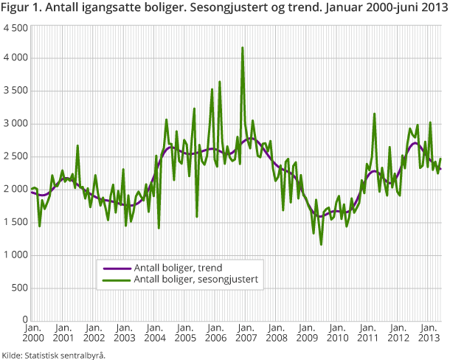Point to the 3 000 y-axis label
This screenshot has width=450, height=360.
(15, 123)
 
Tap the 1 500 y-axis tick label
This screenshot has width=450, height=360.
(15, 221)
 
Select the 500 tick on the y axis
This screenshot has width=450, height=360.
(18, 287)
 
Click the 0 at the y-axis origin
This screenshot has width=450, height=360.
(24, 320)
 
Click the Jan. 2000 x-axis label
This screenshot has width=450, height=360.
(32, 332)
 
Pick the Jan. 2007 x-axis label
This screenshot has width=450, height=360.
(245, 332)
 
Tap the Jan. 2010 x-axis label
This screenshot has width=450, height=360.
(336, 332)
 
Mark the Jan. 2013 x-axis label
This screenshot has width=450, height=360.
(428, 332)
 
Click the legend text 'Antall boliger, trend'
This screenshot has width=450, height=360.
(176, 268)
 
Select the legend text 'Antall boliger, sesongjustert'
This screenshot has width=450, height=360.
(195, 279)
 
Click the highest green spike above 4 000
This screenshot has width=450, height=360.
(243, 48)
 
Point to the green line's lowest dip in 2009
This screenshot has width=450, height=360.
(321, 244)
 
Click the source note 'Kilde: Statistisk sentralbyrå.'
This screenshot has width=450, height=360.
(54, 353)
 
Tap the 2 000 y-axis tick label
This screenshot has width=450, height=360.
(15, 189)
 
